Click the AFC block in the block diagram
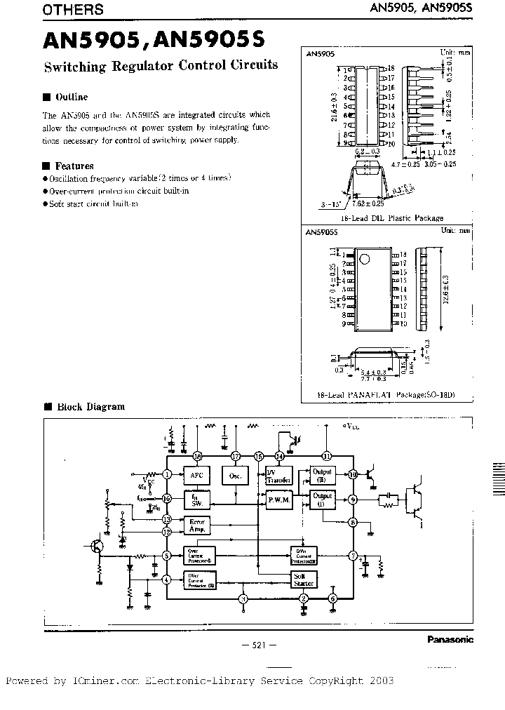196,475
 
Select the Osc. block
235,475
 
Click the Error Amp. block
197,525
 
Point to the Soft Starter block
304,579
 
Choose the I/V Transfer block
278,475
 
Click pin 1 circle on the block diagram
167,474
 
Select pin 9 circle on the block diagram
353,500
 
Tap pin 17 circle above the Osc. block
236,456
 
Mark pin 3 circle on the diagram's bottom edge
243,598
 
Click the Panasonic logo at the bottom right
450,639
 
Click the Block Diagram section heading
90,406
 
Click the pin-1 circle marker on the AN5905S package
363,260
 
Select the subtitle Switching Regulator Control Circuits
161,65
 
